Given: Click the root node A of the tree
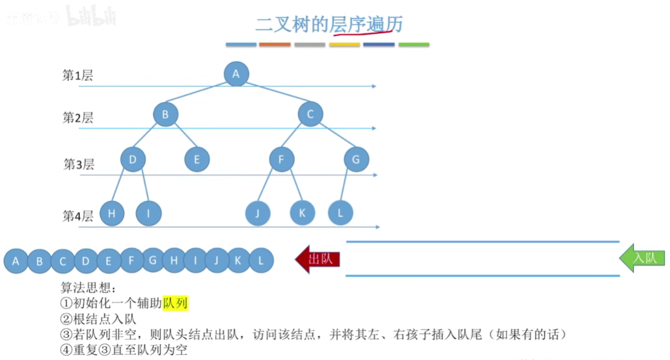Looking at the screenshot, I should click(236, 74).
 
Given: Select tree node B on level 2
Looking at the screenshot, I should click(165, 115).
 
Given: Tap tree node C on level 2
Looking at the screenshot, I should click(311, 115).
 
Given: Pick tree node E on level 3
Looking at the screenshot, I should click(197, 159).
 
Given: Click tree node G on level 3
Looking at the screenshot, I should click(356, 159).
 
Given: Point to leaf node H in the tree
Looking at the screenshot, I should click(112, 214).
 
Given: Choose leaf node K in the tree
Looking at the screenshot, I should click(302, 214).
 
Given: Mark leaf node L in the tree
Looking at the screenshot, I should click(340, 214).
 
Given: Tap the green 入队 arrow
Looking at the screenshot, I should click(642, 258).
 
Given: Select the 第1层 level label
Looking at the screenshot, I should click(77, 76).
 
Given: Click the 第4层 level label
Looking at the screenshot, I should click(78, 216).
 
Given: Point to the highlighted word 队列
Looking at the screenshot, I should click(176, 304).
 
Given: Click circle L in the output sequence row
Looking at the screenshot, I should click(261, 260).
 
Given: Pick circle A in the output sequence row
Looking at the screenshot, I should click(16, 260).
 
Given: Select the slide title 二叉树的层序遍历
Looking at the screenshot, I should click(329, 24).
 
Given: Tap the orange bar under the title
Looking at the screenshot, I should click(275, 45).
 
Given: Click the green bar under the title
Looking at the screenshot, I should click(414, 45).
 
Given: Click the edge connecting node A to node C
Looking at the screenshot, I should click(273, 94).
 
